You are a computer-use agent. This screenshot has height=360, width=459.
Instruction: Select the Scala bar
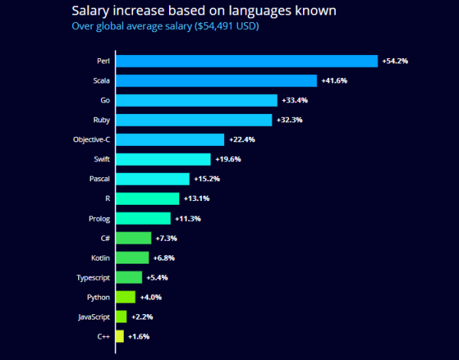point(216,80)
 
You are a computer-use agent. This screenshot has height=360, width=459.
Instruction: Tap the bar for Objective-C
point(170,139)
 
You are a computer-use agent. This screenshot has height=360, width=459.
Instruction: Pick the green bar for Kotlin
point(132,258)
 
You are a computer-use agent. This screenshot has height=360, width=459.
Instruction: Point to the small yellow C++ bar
point(120,336)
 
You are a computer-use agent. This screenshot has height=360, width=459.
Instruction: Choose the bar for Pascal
point(152,179)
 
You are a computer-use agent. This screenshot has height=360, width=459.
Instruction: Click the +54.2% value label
point(395,60)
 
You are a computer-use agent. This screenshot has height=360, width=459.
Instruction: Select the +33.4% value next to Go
point(294,100)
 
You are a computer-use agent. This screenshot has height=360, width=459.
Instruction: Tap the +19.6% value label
point(227,159)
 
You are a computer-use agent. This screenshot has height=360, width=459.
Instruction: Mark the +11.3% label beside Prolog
point(187,219)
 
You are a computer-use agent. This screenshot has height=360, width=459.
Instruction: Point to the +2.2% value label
point(143,316)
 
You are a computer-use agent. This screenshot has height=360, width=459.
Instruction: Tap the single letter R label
point(107,199)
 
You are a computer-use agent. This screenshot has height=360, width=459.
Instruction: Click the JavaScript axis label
point(94,316)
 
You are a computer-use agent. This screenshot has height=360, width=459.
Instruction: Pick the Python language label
point(98,297)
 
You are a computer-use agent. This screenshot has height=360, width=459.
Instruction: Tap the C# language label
point(104,238)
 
